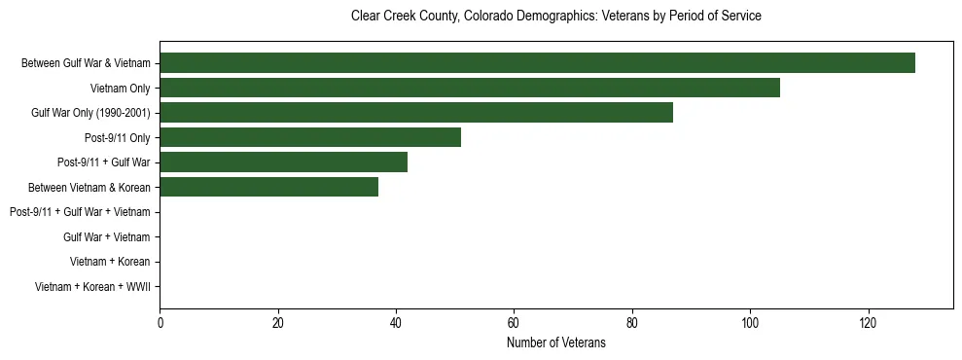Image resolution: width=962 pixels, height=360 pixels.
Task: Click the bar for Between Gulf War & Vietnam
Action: [537, 63]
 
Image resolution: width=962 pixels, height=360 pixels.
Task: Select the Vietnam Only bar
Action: [470, 89]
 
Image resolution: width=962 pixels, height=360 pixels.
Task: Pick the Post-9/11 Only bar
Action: [310, 138]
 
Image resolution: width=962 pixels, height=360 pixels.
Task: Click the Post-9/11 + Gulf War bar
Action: [284, 162]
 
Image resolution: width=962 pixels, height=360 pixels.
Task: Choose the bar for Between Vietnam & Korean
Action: [269, 188]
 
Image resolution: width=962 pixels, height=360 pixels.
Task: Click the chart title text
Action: [555, 17]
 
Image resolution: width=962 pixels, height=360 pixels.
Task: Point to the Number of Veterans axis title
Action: [555, 343]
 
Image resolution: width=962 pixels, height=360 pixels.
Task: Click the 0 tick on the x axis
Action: [160, 323]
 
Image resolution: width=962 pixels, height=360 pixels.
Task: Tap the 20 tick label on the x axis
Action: [278, 323]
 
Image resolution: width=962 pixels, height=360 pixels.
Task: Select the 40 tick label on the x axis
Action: [396, 323]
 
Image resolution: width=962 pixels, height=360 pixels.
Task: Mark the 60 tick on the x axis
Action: [515, 323]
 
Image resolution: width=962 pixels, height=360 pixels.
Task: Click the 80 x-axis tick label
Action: [632, 323]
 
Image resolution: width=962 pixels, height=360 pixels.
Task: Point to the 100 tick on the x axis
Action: [750, 323]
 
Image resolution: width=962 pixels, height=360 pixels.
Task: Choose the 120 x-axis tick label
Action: [869, 323]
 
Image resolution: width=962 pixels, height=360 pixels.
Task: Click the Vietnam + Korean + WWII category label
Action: [92, 287]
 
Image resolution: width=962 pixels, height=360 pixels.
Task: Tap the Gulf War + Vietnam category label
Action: [106, 237]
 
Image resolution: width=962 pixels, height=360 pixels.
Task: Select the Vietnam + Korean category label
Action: [110, 262]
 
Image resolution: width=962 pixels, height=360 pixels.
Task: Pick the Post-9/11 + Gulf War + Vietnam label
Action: [80, 212]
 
